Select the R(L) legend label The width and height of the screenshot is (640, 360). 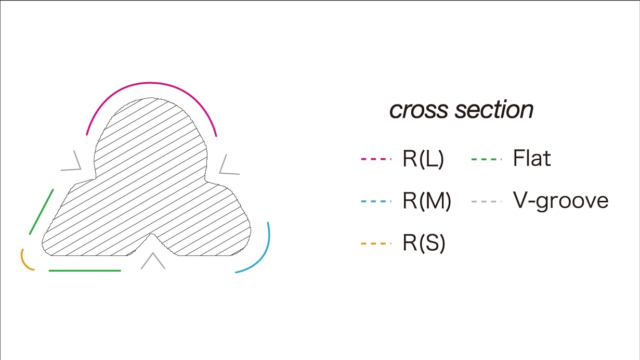423,160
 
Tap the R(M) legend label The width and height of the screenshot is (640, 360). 426,201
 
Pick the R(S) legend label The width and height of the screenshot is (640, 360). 424,243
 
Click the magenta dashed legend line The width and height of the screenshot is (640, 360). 375,159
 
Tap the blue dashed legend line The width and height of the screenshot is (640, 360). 375,201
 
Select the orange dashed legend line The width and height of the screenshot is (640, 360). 375,243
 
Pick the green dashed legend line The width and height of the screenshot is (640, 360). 487,159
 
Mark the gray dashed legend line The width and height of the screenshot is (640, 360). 487,201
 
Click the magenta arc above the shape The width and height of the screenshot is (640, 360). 151,83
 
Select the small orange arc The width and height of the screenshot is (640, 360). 24,262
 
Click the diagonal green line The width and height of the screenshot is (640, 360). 42,211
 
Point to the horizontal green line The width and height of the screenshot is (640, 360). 85,271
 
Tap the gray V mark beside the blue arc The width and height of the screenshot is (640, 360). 226,165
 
